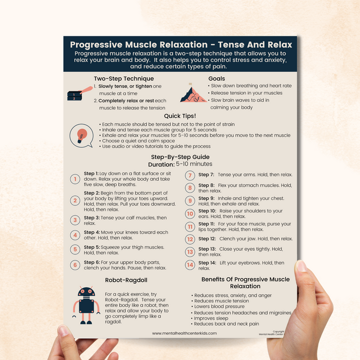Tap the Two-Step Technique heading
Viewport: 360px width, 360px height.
point(124,78)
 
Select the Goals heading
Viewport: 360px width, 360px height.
point(217,78)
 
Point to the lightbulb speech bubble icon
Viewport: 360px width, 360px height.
point(82,135)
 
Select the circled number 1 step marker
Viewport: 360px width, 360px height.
point(75,179)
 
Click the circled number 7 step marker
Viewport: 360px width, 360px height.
point(190,176)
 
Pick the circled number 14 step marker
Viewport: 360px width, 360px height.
point(190,265)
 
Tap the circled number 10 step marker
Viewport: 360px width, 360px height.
point(190,214)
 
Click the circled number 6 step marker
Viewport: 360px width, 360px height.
point(75,265)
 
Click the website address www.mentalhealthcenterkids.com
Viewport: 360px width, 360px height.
point(184,333)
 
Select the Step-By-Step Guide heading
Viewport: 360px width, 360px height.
point(180,157)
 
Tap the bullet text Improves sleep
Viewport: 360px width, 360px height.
point(212,319)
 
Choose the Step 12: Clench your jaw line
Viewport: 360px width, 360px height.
point(245,239)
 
